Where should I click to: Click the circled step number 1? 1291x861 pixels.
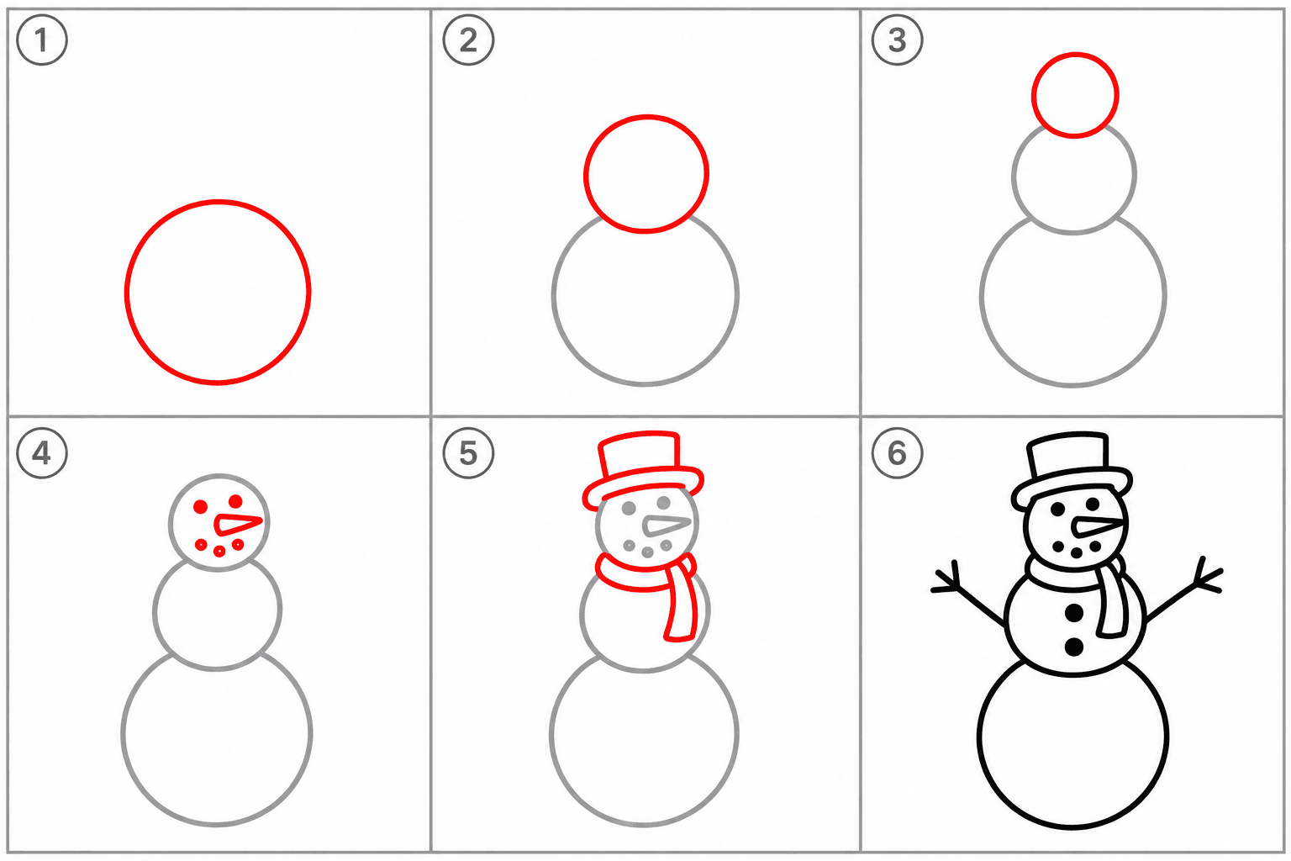[x=41, y=40]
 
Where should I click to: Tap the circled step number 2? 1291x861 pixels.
[x=468, y=40]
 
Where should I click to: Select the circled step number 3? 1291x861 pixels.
[x=897, y=40]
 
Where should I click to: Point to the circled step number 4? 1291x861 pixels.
[x=41, y=452]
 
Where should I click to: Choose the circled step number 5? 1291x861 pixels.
[x=468, y=452]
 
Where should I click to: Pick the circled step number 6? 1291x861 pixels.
[x=897, y=452]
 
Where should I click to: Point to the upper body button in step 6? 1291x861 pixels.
[x=1073, y=612]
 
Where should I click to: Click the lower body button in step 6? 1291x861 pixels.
[x=1073, y=647]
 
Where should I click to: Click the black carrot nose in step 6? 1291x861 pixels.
[x=1098, y=526]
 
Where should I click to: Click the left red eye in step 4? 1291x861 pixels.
[x=201, y=507]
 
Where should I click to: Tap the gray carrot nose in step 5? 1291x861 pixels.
[x=667, y=526]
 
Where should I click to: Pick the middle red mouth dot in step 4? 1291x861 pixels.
[x=219, y=552]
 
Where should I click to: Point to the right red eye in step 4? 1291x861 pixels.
[x=235, y=500]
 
